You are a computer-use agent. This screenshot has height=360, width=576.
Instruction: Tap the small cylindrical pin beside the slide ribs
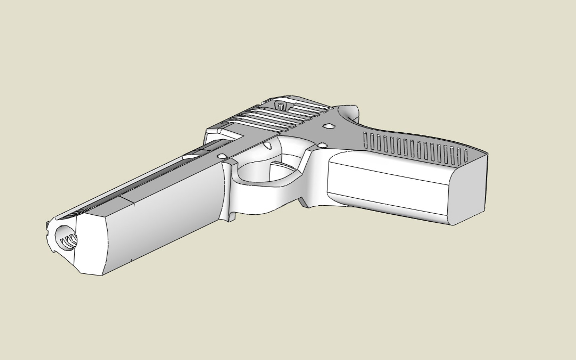click(x=281, y=106)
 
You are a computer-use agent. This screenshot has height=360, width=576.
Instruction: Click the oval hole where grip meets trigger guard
click(x=322, y=145)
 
